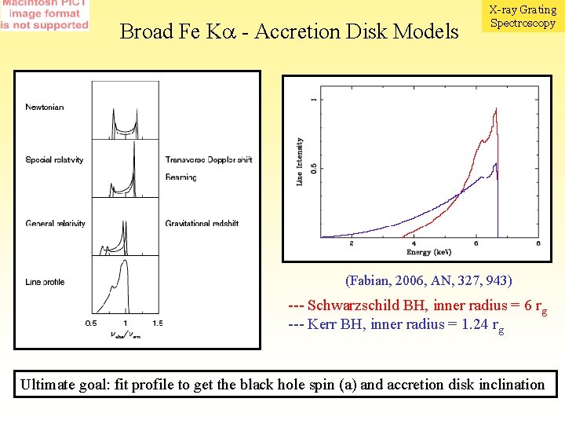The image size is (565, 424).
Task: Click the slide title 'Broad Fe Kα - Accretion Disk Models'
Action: [289, 31]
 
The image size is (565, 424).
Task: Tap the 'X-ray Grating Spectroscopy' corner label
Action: [522, 16]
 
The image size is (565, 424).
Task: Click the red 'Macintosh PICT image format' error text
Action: [45, 15]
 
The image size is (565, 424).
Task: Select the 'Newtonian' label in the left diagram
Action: [45, 107]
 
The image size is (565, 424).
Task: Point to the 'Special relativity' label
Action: [54, 160]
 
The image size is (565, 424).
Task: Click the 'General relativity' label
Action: [55, 224]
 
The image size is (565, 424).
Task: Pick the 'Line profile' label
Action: [45, 282]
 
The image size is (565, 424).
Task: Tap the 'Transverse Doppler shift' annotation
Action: [209, 160]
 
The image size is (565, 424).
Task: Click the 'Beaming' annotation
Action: [181, 177]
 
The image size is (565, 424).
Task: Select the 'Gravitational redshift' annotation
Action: [202, 224]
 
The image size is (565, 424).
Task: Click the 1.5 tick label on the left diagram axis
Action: [157, 323]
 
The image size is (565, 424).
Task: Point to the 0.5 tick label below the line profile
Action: [92, 323]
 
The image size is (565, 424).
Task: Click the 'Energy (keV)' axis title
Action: [429, 252]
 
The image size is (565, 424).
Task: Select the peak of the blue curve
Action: [494, 163]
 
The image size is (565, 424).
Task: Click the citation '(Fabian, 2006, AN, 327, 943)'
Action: [428, 280]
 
